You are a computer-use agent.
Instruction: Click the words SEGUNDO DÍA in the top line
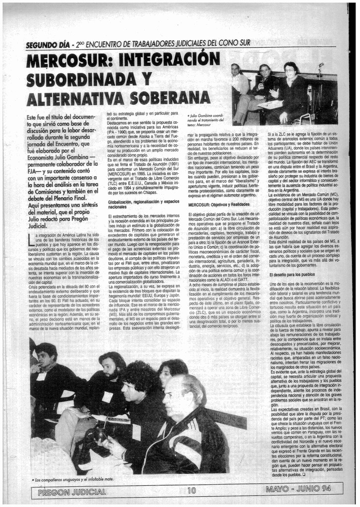[x=48, y=45]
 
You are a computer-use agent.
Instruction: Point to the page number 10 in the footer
[x=192, y=491]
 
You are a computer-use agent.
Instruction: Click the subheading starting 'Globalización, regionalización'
[x=143, y=204]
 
